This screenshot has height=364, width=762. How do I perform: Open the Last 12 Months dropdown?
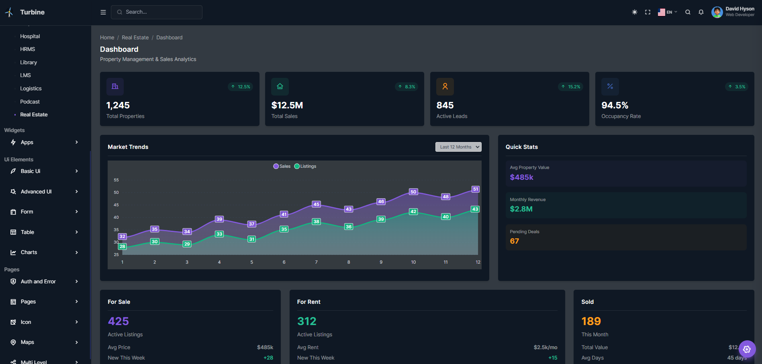(x=458, y=147)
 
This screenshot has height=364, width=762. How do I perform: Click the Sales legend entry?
(x=282, y=166)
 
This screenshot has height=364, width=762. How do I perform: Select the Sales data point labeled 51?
(x=475, y=189)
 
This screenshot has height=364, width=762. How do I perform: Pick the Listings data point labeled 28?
(x=123, y=246)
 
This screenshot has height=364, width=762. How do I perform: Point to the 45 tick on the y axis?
(x=116, y=205)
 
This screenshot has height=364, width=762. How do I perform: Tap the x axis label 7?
(x=316, y=262)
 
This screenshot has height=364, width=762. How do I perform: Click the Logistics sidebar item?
(x=31, y=88)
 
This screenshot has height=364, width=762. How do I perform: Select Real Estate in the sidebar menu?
(x=34, y=114)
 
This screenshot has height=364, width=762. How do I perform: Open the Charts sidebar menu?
(x=29, y=252)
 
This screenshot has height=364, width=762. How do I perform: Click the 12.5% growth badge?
(x=241, y=87)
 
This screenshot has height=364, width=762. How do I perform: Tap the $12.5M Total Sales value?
(x=287, y=105)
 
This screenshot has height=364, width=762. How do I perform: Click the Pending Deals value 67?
(x=514, y=241)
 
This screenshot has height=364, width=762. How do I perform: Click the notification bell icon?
(x=701, y=12)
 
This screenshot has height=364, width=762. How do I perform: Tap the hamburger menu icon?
(x=103, y=12)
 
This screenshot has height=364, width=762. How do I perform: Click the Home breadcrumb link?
(x=107, y=37)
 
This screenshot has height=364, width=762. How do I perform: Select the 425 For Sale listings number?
(x=118, y=321)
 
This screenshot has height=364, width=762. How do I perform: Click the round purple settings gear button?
(x=747, y=349)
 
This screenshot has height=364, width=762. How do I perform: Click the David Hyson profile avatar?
(x=717, y=12)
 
